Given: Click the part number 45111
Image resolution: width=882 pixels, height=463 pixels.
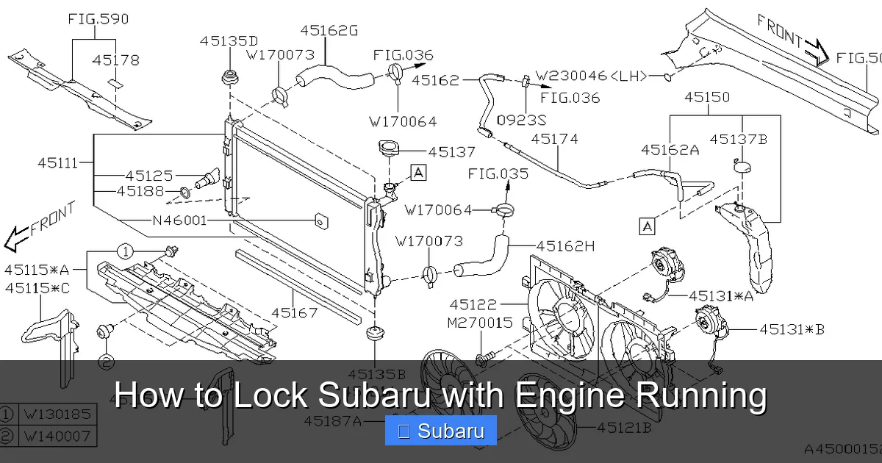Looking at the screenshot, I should point(57,163).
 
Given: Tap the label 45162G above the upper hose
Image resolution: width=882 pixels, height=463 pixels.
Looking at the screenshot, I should point(329,31).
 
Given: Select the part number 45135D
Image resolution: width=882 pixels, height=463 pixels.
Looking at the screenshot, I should point(229,41).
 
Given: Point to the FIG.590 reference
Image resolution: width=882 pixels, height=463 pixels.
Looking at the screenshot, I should point(98,19).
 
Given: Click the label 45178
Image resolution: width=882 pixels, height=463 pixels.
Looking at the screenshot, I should point(115,60).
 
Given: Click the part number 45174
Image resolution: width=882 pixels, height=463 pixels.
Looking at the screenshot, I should point(554,138).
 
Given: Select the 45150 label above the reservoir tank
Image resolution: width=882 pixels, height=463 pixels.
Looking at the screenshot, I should point(706,96).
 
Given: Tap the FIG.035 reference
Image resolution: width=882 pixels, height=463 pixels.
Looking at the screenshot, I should point(498,174).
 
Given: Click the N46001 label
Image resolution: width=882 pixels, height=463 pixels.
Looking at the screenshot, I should point(179,220).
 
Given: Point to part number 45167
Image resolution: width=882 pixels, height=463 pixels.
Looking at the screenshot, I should point(294,312).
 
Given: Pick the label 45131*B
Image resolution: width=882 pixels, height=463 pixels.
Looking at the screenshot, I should point(792,329).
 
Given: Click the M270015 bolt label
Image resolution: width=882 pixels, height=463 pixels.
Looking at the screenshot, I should point(480,322).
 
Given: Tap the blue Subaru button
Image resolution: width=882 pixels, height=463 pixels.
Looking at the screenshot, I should point(441,431).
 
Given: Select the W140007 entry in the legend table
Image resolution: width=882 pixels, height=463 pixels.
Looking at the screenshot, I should point(58,437).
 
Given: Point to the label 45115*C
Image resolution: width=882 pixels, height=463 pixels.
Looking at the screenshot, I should point(37,288).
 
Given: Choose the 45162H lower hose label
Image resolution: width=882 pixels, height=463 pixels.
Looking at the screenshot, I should point(565,246).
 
